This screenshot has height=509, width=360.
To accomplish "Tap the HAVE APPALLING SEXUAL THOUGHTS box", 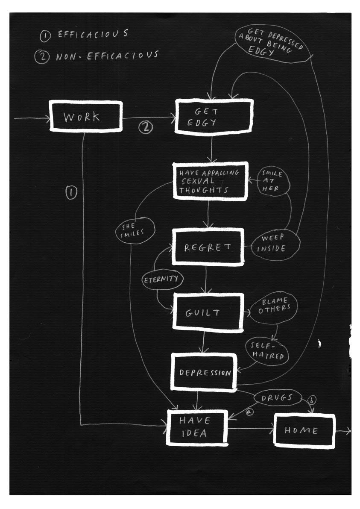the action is click(211, 181).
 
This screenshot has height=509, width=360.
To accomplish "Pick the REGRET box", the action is click(208, 247).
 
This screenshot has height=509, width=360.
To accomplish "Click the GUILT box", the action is click(208, 312).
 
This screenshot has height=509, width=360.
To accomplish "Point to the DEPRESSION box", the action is click(205, 372).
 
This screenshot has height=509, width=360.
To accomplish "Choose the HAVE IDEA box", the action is click(196, 427).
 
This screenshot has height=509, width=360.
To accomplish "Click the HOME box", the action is click(304, 431).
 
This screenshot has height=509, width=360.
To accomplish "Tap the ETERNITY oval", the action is click(163, 280).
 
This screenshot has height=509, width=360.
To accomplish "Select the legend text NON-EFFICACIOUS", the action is click(107, 56).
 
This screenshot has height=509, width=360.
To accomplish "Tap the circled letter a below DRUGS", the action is click(250, 412).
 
